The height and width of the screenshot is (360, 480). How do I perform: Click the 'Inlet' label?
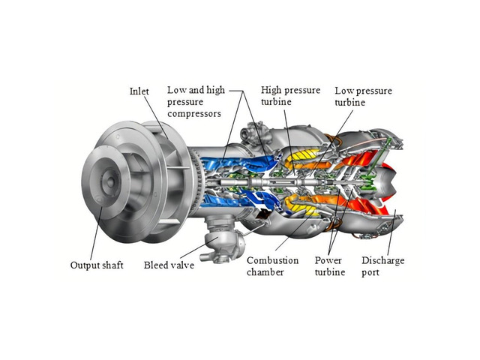point(139,91)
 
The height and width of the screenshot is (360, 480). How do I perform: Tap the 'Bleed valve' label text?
point(169,265)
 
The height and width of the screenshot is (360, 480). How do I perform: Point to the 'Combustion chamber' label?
point(272,266)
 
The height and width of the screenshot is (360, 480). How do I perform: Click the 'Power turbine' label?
point(330,266)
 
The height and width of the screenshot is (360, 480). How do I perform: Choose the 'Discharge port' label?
point(382,266)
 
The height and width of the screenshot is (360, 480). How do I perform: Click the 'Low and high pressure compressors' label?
point(196,102)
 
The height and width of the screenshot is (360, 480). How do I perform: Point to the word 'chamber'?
point(266,272)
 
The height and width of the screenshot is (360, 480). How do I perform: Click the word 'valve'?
point(182,265)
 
